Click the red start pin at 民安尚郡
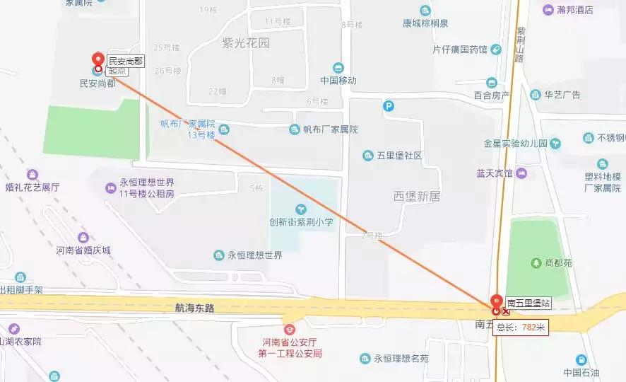(x=98, y=59)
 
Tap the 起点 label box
(x=117, y=71)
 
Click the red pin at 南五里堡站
(x=497, y=301)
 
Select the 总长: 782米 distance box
(x=521, y=327)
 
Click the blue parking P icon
(x=388, y=107)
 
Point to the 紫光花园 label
(x=246, y=42)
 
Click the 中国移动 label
(x=338, y=80)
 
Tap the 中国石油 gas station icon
(x=581, y=359)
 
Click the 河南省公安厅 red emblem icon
(x=288, y=330)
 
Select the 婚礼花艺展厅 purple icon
(x=32, y=175)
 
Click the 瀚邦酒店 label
(x=574, y=10)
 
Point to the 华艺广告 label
(x=562, y=94)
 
